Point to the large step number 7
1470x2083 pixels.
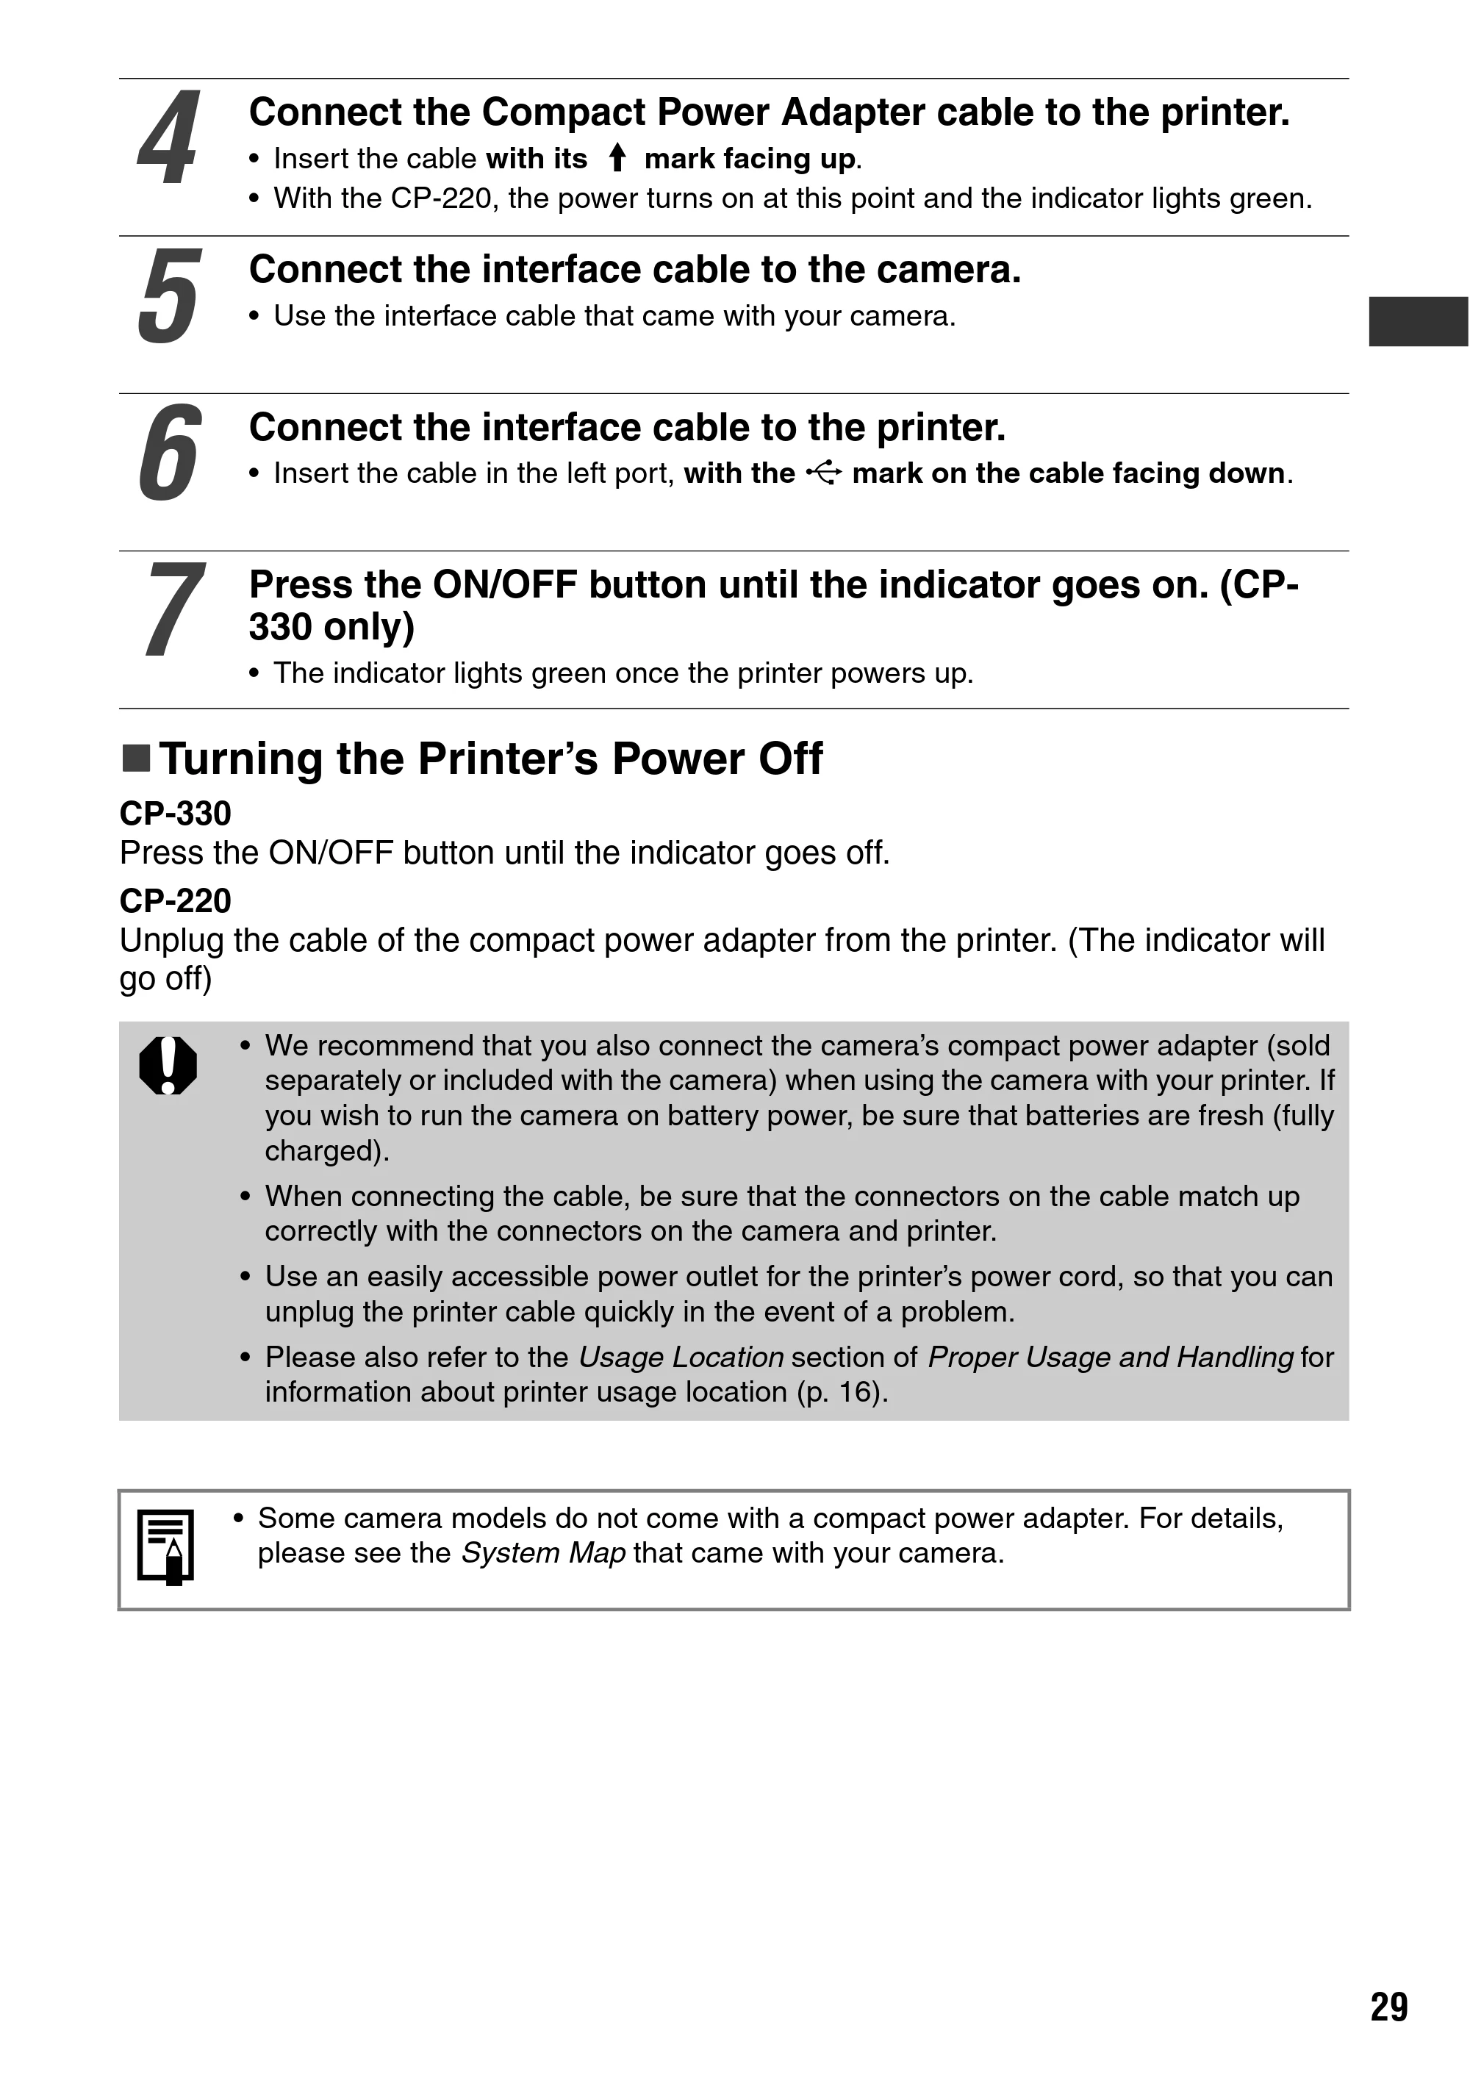click(174, 609)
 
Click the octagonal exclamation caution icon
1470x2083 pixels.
click(168, 1065)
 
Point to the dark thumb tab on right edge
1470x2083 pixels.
click(1419, 321)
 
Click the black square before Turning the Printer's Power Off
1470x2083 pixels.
click(136, 759)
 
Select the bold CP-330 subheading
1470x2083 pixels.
click(175, 814)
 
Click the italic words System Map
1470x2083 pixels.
click(544, 1553)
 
